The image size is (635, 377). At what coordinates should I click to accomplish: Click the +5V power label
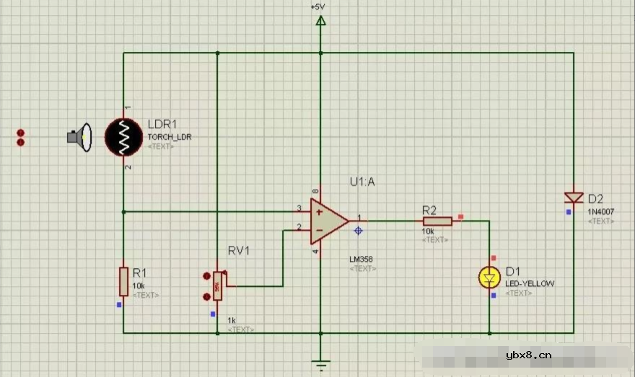click(318, 6)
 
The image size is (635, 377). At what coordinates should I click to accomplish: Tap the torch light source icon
click(79, 137)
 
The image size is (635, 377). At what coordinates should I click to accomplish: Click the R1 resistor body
click(123, 281)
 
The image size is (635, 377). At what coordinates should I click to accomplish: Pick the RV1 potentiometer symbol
click(217, 286)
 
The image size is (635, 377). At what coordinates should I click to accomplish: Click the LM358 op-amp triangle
click(328, 219)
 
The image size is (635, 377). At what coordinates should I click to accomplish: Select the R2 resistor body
click(437, 221)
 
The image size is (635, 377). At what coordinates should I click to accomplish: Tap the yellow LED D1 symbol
click(490, 276)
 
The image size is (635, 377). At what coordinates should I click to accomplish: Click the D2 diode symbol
click(574, 198)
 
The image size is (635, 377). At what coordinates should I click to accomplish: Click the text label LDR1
click(162, 124)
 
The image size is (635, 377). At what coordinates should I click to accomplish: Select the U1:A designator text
click(362, 182)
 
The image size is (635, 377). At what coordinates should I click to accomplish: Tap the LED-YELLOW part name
click(530, 284)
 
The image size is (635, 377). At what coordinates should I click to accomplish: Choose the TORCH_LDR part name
click(170, 137)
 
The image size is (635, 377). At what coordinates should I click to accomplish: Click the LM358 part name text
click(362, 259)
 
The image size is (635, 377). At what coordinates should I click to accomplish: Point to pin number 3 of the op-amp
click(299, 209)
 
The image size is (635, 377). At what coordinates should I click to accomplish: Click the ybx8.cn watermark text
click(529, 355)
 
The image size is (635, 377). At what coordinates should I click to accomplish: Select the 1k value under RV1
click(231, 320)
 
